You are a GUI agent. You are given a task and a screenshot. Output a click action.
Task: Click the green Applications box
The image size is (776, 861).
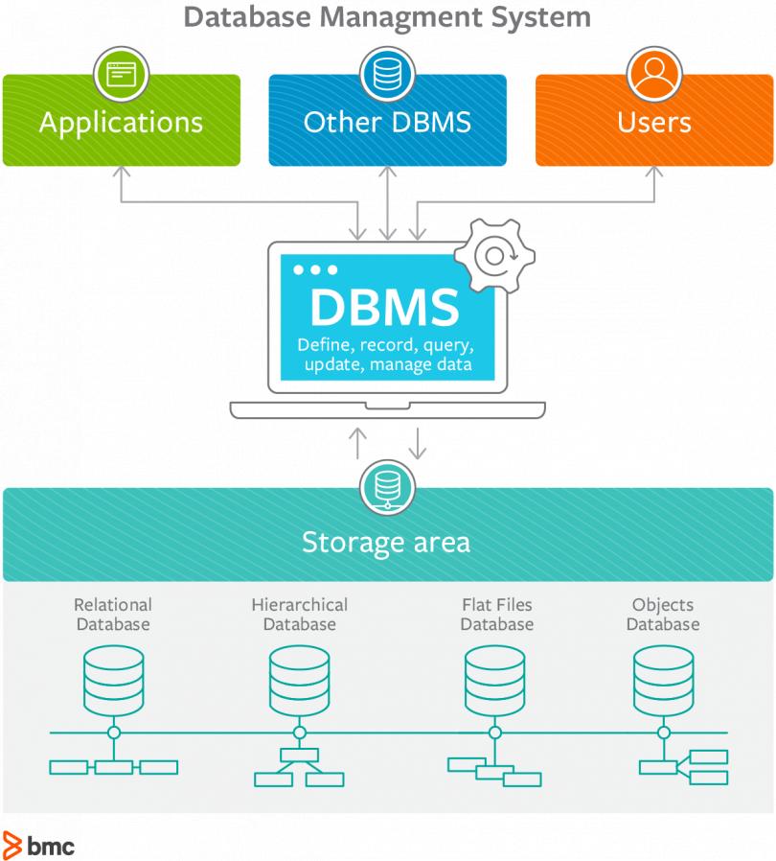(121, 123)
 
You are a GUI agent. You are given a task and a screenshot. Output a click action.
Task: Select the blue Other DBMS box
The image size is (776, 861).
(387, 123)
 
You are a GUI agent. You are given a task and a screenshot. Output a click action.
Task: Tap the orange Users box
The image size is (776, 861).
(654, 123)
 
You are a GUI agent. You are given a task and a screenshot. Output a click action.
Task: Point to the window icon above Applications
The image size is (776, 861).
(121, 75)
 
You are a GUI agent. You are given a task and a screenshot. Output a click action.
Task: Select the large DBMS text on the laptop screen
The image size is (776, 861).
(384, 307)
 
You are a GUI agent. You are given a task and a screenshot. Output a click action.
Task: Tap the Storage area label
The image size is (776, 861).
(386, 543)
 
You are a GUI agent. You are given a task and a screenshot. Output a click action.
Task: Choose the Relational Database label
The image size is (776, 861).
(113, 615)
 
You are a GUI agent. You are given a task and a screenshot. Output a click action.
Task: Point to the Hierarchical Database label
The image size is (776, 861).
(299, 615)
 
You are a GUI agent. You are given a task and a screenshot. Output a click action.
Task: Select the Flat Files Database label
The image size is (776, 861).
(496, 615)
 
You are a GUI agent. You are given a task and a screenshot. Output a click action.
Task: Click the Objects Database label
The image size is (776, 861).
(663, 615)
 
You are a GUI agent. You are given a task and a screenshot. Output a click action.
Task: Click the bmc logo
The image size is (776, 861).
(39, 845)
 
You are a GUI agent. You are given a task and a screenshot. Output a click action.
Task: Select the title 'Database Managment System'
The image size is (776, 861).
(387, 16)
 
